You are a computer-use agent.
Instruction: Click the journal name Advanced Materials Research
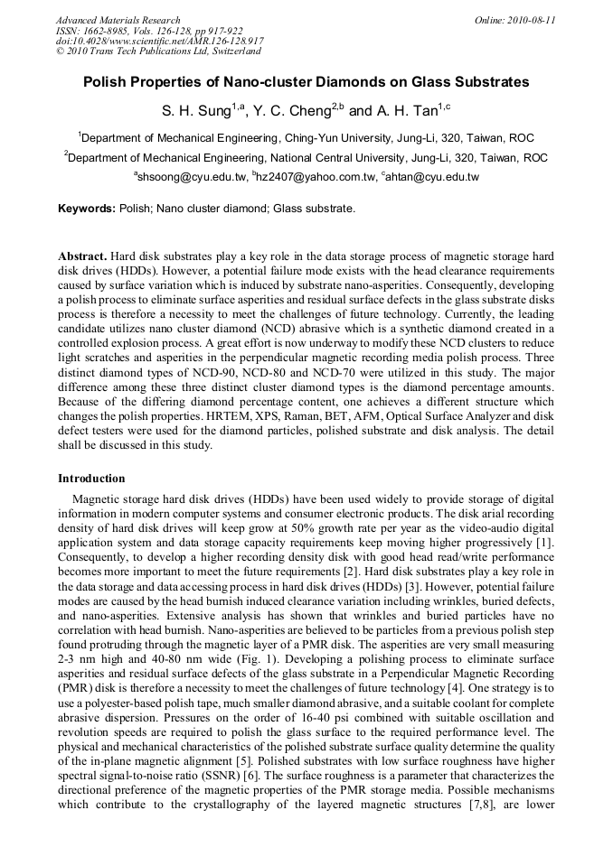118,20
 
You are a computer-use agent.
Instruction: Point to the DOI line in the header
159,41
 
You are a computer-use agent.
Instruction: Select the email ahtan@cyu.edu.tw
431,177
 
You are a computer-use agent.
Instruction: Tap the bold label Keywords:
87,209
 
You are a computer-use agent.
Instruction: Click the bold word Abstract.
82,257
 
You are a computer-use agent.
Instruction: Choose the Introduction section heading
91,478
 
